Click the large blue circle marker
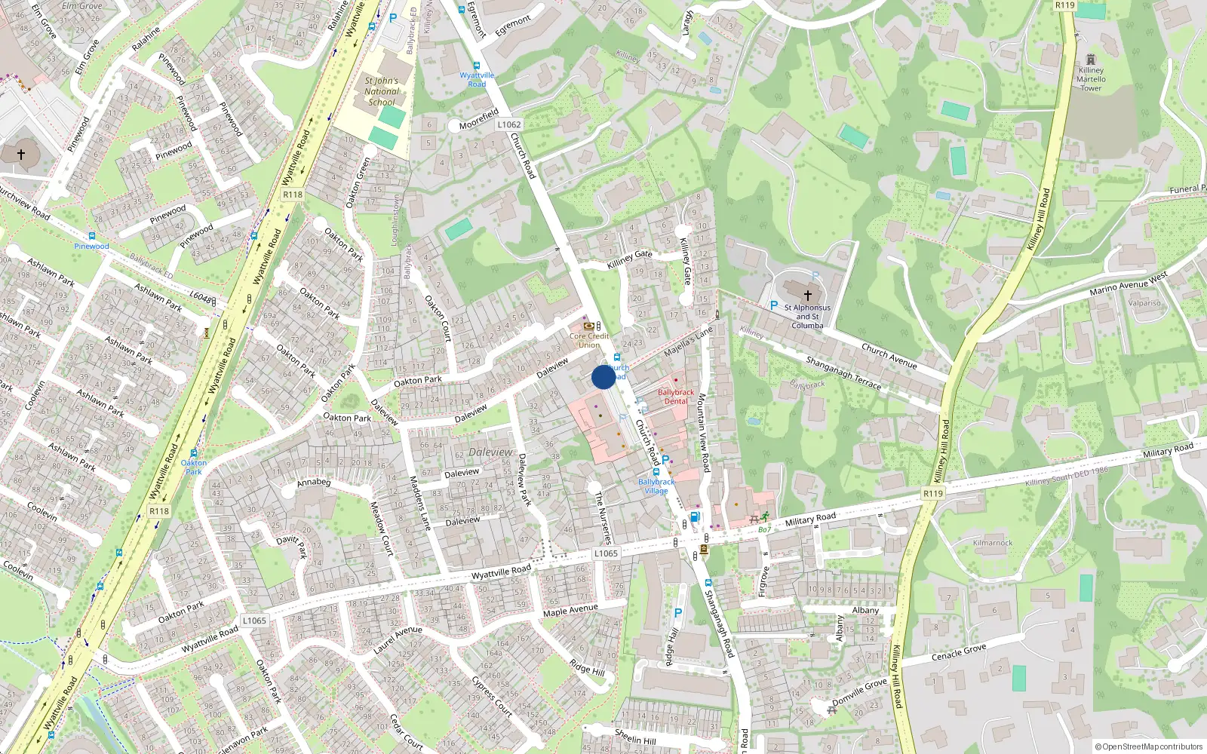click(603, 377)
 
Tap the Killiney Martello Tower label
click(1091, 79)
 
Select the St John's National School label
click(381, 91)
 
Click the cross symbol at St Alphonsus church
click(807, 296)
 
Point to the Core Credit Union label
click(589, 341)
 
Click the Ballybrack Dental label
click(676, 397)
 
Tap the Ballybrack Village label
click(656, 486)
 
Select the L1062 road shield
click(508, 124)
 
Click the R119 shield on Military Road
click(933, 494)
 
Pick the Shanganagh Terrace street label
click(843, 372)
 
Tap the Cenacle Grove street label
click(958, 652)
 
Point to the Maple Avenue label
click(570, 610)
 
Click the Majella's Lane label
click(688, 342)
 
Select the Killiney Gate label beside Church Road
click(629, 259)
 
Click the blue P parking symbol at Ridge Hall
click(677, 614)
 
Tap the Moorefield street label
click(479, 119)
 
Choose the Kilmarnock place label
click(993, 543)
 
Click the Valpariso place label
click(1144, 303)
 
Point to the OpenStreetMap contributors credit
click(1148, 747)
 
